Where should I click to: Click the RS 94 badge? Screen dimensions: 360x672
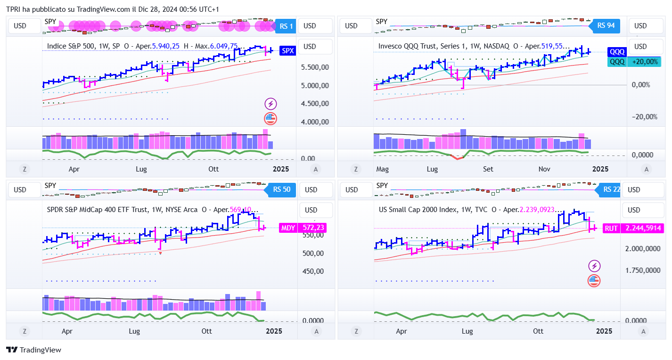[606, 25]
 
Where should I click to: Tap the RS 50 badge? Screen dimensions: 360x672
[283, 189]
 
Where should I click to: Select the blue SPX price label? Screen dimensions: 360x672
[287, 51]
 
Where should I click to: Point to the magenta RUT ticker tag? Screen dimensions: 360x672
[611, 228]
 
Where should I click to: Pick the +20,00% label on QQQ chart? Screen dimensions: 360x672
[645, 62]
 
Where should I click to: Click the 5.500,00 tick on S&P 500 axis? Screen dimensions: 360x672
[315, 67]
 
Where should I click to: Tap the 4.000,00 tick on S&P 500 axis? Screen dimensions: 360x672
[315, 122]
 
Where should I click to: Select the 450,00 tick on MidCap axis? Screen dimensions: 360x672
[313, 271]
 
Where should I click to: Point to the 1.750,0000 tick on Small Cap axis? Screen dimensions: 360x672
[642, 270]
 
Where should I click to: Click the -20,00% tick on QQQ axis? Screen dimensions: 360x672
[640, 117]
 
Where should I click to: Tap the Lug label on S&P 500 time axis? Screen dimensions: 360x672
[141, 169]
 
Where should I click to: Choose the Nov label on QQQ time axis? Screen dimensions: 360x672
[544, 169]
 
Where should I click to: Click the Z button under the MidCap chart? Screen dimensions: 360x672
[24, 331]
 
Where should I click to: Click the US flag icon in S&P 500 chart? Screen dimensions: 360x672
[270, 118]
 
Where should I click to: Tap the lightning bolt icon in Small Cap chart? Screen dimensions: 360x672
[594, 266]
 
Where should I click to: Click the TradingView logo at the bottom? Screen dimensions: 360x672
[33, 350]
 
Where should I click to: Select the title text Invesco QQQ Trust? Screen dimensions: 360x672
[408, 46]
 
